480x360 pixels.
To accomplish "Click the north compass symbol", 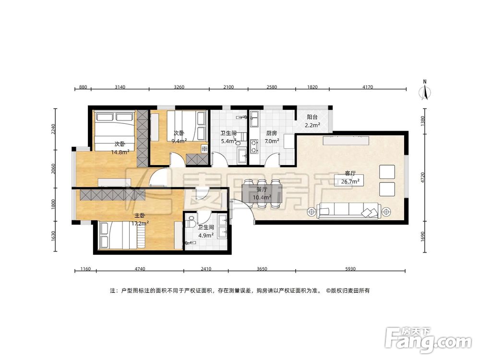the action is coord(425,90).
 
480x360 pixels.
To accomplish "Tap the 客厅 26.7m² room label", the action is coord(350,178).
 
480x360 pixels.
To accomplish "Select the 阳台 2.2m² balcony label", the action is coord(312,121).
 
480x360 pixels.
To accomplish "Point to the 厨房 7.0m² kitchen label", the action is coord(272,137).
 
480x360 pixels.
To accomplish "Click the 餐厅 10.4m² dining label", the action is coord(262,193).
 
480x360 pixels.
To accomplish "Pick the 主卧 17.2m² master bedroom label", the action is coord(140,219).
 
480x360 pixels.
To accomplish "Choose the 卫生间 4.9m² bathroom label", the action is coord(206,231).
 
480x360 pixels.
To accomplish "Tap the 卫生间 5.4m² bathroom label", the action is coord(228,137).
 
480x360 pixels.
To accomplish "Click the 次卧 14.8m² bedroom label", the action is coord(120,147).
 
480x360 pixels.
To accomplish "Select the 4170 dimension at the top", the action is coord(368,87).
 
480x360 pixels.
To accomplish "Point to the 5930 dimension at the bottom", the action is coord(350,269).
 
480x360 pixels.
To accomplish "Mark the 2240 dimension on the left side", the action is coord(53,129).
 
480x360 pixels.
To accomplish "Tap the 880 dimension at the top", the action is coord(83,87).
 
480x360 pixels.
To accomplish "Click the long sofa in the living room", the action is coord(349,211).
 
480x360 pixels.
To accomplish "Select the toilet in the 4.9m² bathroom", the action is coord(191,221).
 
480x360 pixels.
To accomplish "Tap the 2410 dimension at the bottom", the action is coord(206,269).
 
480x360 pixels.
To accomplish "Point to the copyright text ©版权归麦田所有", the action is coord(348,290).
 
